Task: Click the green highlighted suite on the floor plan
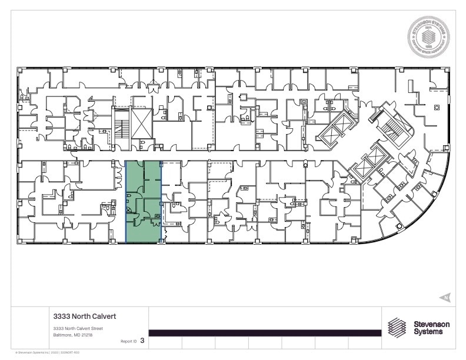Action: coord(144,201)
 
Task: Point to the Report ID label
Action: coord(128,341)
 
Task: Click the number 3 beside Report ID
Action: coord(142,341)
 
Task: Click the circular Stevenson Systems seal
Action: coord(428,37)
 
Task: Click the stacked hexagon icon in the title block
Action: coord(397,327)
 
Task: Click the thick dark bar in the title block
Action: coord(265,333)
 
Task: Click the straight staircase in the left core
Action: coord(122,125)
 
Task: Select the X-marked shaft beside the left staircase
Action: coord(142,124)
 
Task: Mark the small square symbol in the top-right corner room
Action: coord(437,108)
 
